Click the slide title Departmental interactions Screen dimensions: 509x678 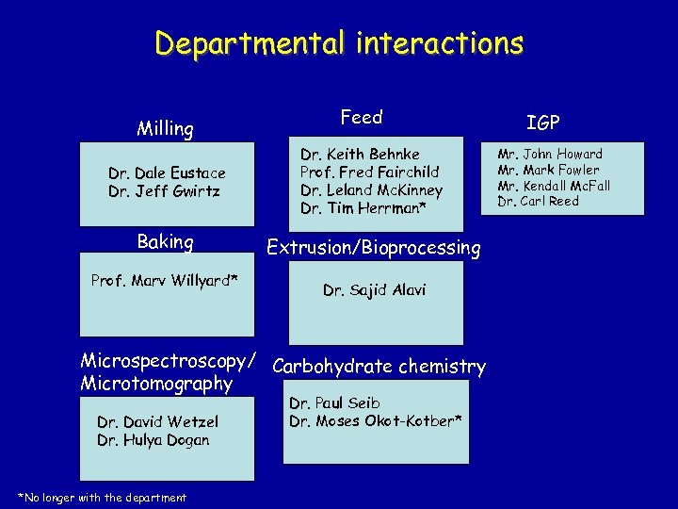(339, 43)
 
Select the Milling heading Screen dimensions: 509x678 (165, 129)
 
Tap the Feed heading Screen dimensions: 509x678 (362, 117)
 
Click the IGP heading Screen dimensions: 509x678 (543, 122)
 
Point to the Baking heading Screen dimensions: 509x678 (165, 242)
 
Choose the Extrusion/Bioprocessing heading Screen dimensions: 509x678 (373, 248)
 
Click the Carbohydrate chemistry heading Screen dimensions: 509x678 (379, 367)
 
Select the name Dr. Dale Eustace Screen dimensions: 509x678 (167, 173)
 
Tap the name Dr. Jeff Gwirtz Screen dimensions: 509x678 (164, 191)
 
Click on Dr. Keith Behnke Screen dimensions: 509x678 (360, 154)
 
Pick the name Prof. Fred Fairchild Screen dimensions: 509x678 (369, 172)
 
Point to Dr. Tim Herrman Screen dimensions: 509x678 (363, 208)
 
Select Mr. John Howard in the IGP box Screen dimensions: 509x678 (550, 154)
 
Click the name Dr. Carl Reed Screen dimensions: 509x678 (538, 202)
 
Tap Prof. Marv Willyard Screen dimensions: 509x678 (164, 281)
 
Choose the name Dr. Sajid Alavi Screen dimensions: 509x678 (374, 290)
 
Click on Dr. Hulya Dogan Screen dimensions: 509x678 (153, 440)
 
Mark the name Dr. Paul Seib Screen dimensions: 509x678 (334, 403)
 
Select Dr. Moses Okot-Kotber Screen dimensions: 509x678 (375, 421)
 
